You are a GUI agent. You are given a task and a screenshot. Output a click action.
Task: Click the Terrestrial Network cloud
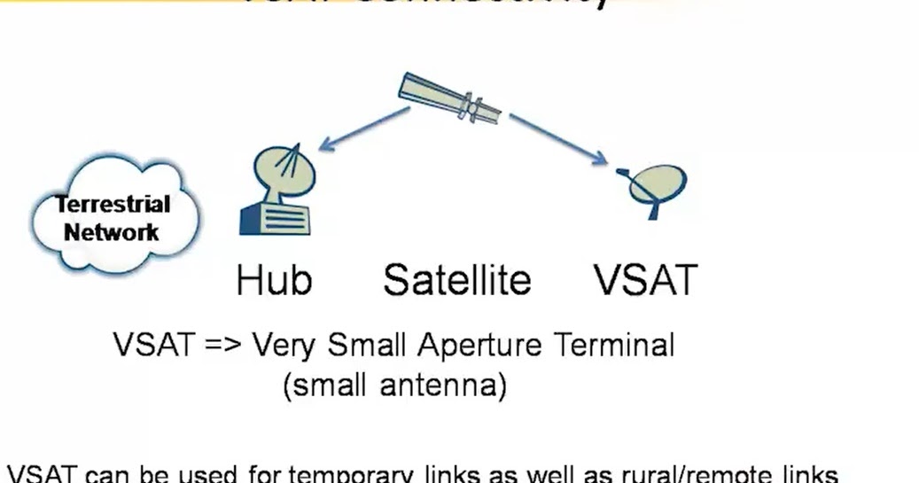click(x=113, y=217)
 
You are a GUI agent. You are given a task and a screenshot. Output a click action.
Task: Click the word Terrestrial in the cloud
click(x=113, y=206)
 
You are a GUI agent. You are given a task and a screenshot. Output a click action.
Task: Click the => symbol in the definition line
click(x=222, y=346)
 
